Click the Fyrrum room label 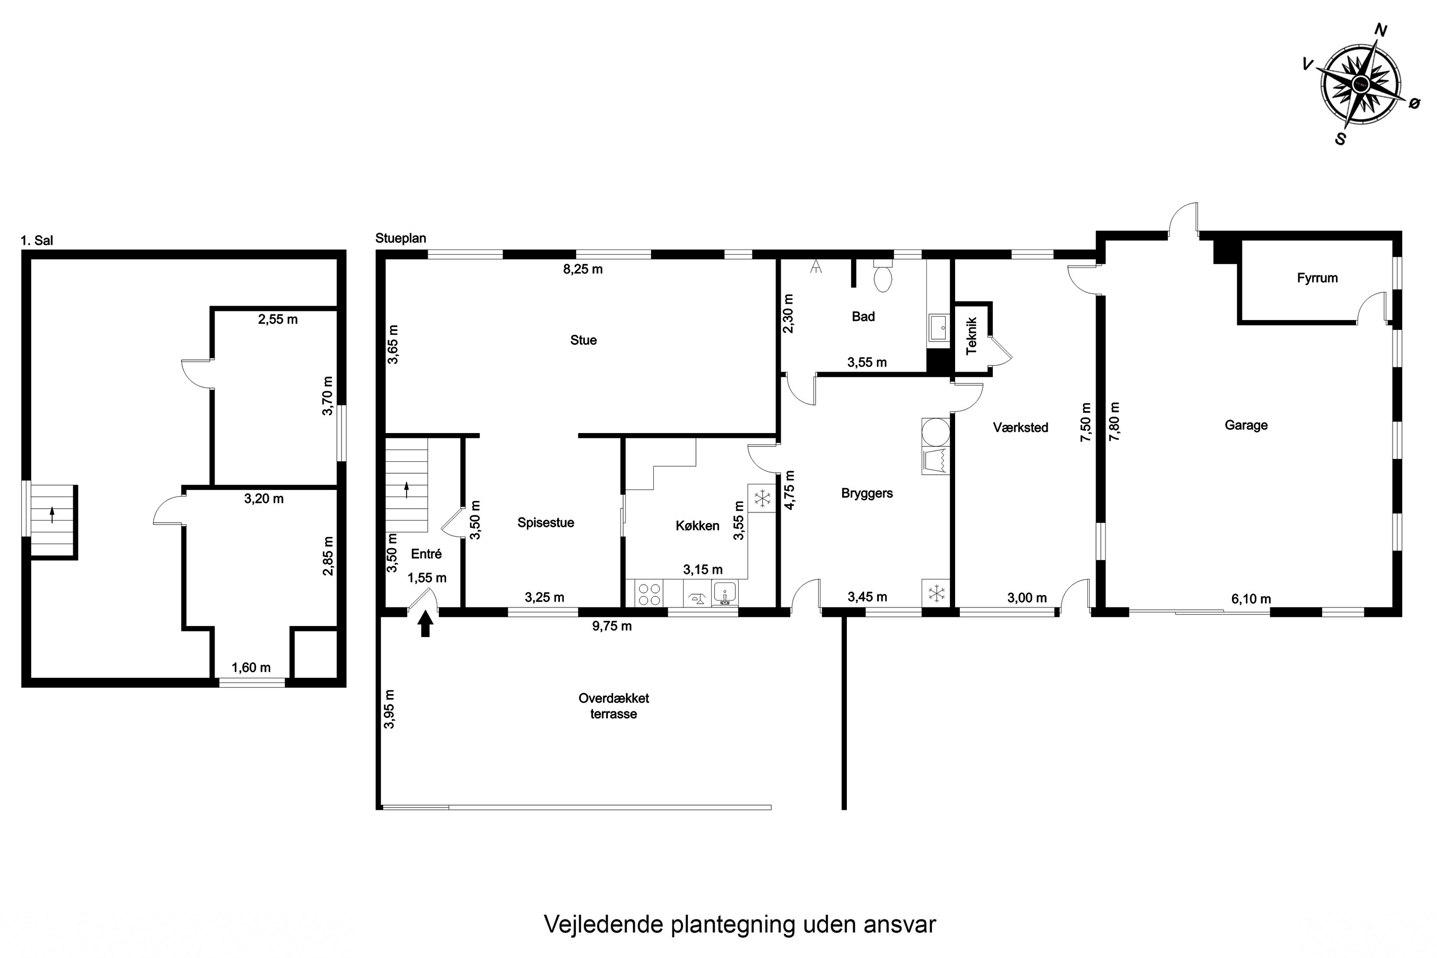tap(1317, 278)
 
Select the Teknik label tap(971, 336)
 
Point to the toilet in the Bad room tap(883, 277)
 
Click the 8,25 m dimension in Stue tap(583, 269)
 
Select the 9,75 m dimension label tap(612, 626)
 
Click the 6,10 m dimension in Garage tap(1251, 599)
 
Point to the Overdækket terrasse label tap(614, 706)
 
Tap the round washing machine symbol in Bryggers tap(935, 432)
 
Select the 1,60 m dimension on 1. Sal tap(251, 668)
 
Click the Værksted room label tap(1020, 428)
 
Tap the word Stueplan tap(400, 238)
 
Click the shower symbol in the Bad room tap(815, 266)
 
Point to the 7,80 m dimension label tap(1115, 422)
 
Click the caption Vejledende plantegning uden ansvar tap(739, 924)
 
